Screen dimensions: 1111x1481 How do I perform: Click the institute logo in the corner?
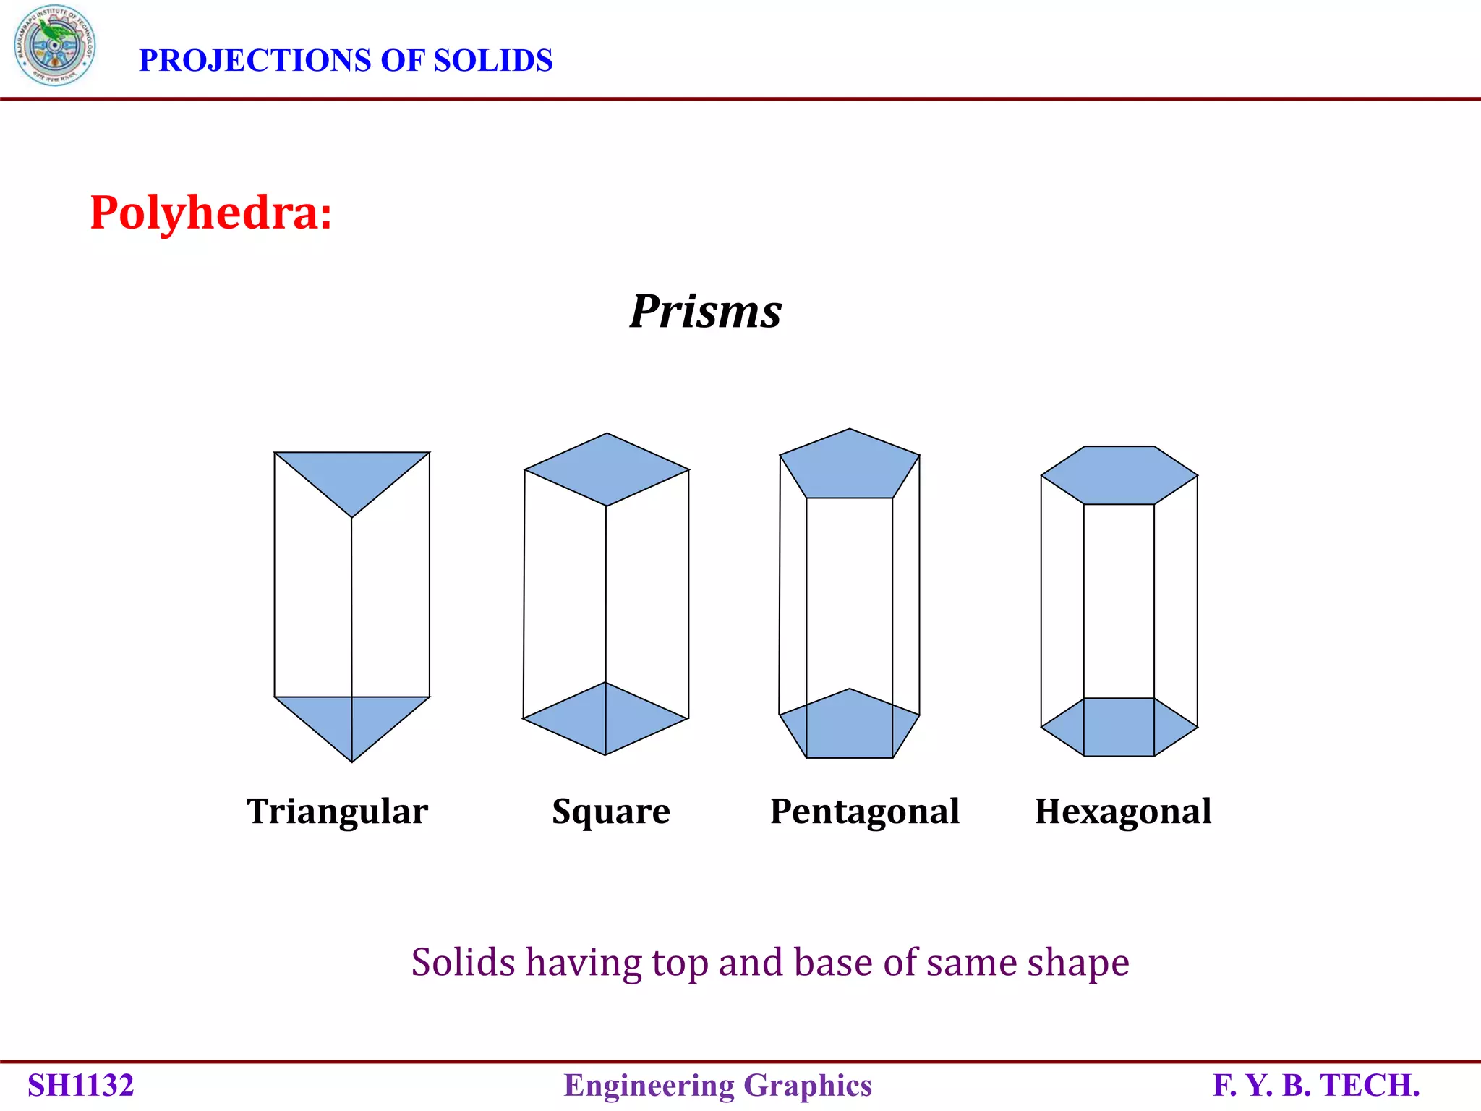pos(54,45)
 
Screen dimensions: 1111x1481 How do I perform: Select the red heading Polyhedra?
pos(210,213)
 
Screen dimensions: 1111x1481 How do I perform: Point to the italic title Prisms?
pos(705,312)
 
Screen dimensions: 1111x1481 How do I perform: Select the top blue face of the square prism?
pos(607,469)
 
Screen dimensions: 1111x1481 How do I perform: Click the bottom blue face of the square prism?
pos(605,719)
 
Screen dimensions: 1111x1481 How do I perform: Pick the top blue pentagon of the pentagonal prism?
pos(850,467)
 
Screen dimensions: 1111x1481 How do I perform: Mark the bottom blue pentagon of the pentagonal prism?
pos(850,727)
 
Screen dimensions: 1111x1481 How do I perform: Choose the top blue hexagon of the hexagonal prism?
pos(1119,475)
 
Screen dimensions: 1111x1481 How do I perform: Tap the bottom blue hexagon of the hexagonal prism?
pos(1119,728)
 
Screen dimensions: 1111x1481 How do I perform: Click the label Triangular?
pos(337,812)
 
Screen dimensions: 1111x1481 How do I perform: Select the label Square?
pos(611,812)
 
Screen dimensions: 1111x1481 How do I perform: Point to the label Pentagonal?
pos(865,812)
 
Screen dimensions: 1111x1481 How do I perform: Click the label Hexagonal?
pos(1123,812)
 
